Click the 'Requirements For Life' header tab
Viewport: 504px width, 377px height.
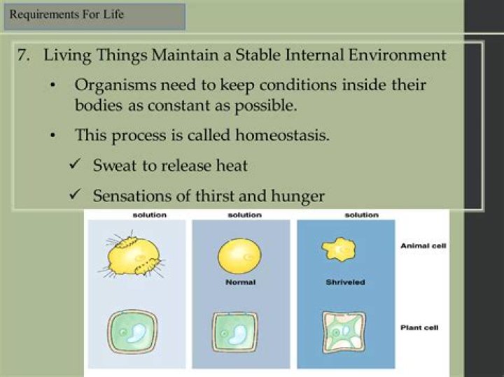point(94,15)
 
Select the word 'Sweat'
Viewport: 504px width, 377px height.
point(113,166)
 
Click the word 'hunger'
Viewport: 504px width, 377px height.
point(299,197)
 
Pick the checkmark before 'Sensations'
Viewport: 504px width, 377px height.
point(75,195)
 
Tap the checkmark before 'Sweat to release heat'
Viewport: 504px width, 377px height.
point(75,165)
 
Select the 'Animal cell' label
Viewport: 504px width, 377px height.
point(424,246)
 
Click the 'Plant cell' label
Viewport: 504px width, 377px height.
point(421,327)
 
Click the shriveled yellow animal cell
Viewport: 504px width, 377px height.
point(337,249)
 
